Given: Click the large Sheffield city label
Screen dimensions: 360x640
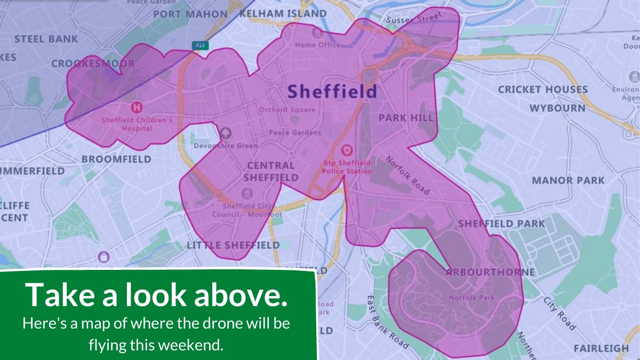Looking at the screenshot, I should (332, 91).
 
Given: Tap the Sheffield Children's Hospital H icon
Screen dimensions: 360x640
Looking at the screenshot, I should (137, 107).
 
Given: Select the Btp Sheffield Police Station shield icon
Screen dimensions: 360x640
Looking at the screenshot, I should (347, 150).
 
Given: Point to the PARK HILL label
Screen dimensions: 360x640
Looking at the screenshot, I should (406, 118).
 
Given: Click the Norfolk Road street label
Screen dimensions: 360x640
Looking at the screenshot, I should (407, 175).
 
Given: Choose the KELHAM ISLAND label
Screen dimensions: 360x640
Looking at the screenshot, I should (283, 13).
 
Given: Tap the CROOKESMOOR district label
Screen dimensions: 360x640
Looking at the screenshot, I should (93, 64).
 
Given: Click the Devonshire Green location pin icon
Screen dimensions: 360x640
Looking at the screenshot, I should (226, 132).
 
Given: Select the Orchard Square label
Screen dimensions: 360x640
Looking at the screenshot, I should (287, 110).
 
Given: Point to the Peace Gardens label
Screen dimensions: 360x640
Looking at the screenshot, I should (295, 132).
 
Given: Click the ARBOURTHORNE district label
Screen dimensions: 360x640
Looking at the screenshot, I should (490, 273).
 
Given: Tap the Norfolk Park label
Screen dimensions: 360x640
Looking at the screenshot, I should (471, 298).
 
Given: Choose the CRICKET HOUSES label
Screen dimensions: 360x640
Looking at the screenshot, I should (542, 90).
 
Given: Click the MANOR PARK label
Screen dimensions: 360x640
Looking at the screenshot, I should (568, 181).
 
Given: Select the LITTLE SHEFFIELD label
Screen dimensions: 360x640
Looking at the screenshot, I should (233, 245).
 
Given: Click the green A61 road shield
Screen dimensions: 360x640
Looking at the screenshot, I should (200, 46).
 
